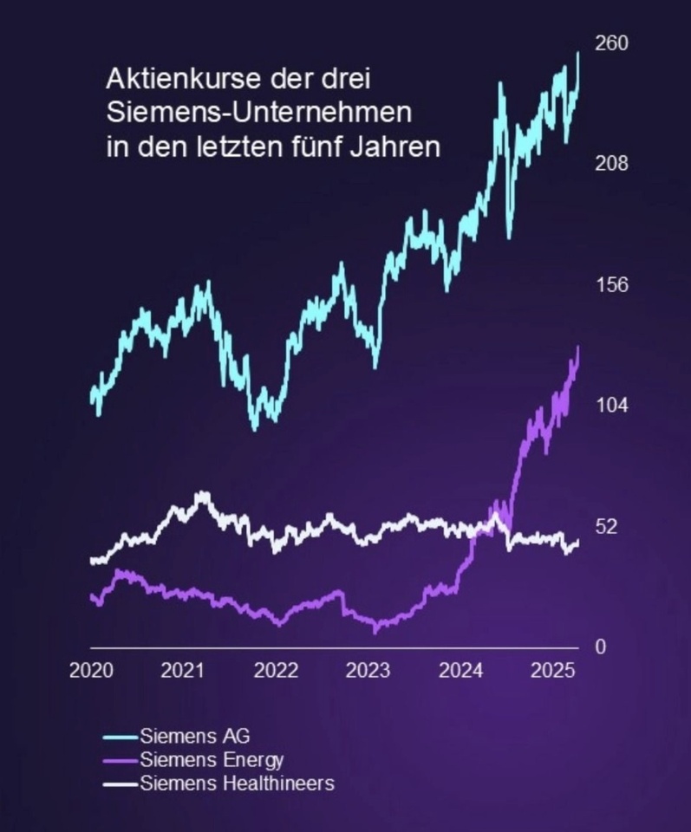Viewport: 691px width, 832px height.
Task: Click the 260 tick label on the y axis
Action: pyautogui.click(x=611, y=42)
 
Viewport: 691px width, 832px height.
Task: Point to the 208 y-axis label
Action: pyautogui.click(x=611, y=164)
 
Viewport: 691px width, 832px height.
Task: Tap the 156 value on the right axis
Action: pyautogui.click(x=611, y=285)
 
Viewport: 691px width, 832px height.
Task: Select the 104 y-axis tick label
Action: pyautogui.click(x=611, y=406)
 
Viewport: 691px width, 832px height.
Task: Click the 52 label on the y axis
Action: pyautogui.click(x=606, y=527)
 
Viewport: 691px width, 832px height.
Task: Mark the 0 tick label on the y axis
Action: pyautogui.click(x=599, y=647)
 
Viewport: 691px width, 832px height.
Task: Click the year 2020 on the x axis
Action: pyautogui.click(x=91, y=672)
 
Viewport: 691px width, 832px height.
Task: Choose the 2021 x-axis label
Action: pyautogui.click(x=183, y=672)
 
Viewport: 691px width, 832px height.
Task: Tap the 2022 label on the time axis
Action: pyautogui.click(x=277, y=672)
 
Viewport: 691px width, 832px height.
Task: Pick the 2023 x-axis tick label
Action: pyautogui.click(x=368, y=672)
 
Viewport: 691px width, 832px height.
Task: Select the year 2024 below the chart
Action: pyautogui.click(x=461, y=672)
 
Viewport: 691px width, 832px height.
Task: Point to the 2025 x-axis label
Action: pyautogui.click(x=552, y=672)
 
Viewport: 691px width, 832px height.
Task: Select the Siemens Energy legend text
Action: pyautogui.click(x=212, y=761)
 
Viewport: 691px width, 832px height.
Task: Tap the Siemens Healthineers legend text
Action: pyautogui.click(x=237, y=785)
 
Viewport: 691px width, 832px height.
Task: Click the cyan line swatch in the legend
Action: pyautogui.click(x=120, y=738)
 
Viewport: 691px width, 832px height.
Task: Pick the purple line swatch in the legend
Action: pyautogui.click(x=120, y=762)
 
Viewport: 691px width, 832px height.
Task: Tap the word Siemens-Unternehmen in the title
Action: pyautogui.click(x=259, y=113)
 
